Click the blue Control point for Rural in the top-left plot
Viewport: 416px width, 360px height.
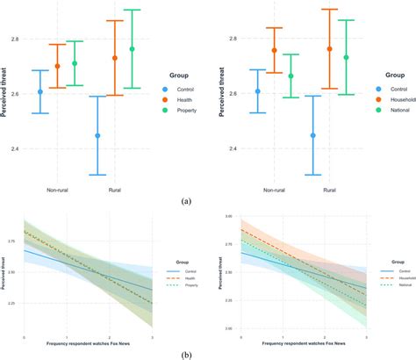click(x=97, y=135)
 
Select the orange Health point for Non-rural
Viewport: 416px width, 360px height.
click(x=57, y=66)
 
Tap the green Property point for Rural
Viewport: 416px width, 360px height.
click(x=133, y=49)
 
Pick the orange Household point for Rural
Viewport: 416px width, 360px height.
click(x=330, y=49)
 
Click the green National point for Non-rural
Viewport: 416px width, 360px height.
click(x=291, y=76)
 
